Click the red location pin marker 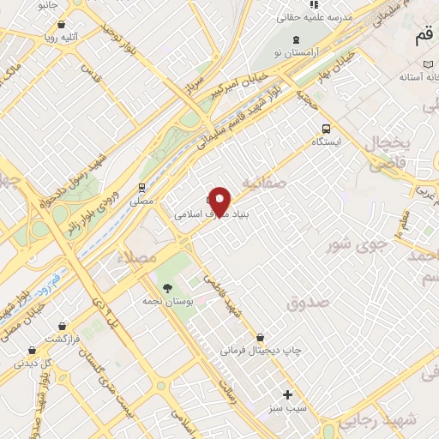(220, 200)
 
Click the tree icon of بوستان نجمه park (166, 289)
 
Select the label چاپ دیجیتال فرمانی (261, 350)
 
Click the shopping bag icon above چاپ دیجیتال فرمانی (260, 337)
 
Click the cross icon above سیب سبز (288, 395)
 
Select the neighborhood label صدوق (309, 302)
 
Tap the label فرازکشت (62, 340)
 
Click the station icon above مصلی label (141, 187)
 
